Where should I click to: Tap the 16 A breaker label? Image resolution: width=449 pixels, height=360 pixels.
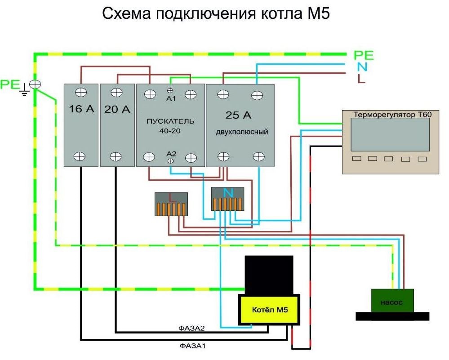81,109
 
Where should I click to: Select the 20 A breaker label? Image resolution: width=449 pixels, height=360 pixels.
116,109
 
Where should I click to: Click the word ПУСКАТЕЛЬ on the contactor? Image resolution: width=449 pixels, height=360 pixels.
170,121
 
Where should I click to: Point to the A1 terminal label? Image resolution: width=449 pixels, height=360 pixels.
171,98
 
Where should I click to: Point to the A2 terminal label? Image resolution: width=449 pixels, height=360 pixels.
171,153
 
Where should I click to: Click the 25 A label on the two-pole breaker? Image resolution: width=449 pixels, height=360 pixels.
238,116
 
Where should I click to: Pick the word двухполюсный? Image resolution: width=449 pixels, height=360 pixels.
241,132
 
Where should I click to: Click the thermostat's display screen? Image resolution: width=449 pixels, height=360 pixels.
390,135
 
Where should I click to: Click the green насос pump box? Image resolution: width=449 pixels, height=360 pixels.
392,302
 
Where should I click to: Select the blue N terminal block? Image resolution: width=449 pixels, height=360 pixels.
228,199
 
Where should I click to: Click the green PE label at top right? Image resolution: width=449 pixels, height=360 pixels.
364,56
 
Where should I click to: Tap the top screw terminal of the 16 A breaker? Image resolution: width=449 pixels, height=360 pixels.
82,92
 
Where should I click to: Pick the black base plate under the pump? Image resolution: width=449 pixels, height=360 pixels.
392,316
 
